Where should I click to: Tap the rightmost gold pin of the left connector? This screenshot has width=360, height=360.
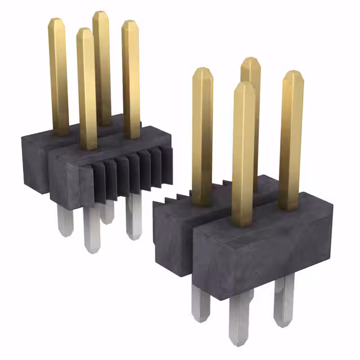point(131,79)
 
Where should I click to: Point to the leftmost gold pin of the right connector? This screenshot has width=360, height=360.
point(202,135)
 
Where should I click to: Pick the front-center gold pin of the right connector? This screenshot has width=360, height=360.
point(243,152)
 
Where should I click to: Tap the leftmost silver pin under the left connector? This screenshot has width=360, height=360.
point(65,219)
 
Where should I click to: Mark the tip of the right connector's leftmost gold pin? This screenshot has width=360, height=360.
point(202,71)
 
